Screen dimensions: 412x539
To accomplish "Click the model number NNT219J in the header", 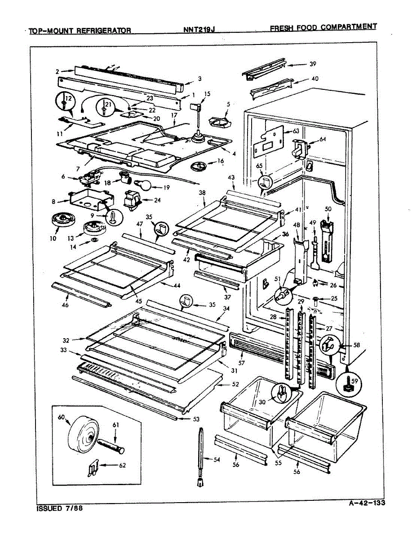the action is pos(199,30).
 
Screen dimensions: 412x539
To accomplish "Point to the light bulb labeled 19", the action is pos(142,185).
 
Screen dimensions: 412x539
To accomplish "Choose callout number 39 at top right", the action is pos(313,64).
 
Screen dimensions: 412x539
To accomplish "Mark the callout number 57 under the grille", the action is pos(241,362).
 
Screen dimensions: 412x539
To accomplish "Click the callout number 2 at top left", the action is pos(57,71).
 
